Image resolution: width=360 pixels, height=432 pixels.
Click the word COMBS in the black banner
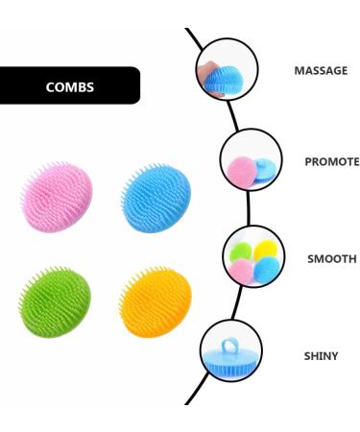click(70, 86)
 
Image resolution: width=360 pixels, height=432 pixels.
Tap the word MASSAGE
click(320, 71)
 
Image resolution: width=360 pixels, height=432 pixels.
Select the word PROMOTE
click(331, 161)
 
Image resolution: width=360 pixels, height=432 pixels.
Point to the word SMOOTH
click(331, 259)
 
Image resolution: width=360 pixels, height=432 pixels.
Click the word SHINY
click(321, 356)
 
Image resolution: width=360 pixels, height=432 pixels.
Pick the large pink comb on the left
click(57, 198)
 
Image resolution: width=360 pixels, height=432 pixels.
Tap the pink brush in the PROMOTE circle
click(240, 170)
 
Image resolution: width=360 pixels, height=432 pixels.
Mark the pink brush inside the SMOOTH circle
click(240, 272)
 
